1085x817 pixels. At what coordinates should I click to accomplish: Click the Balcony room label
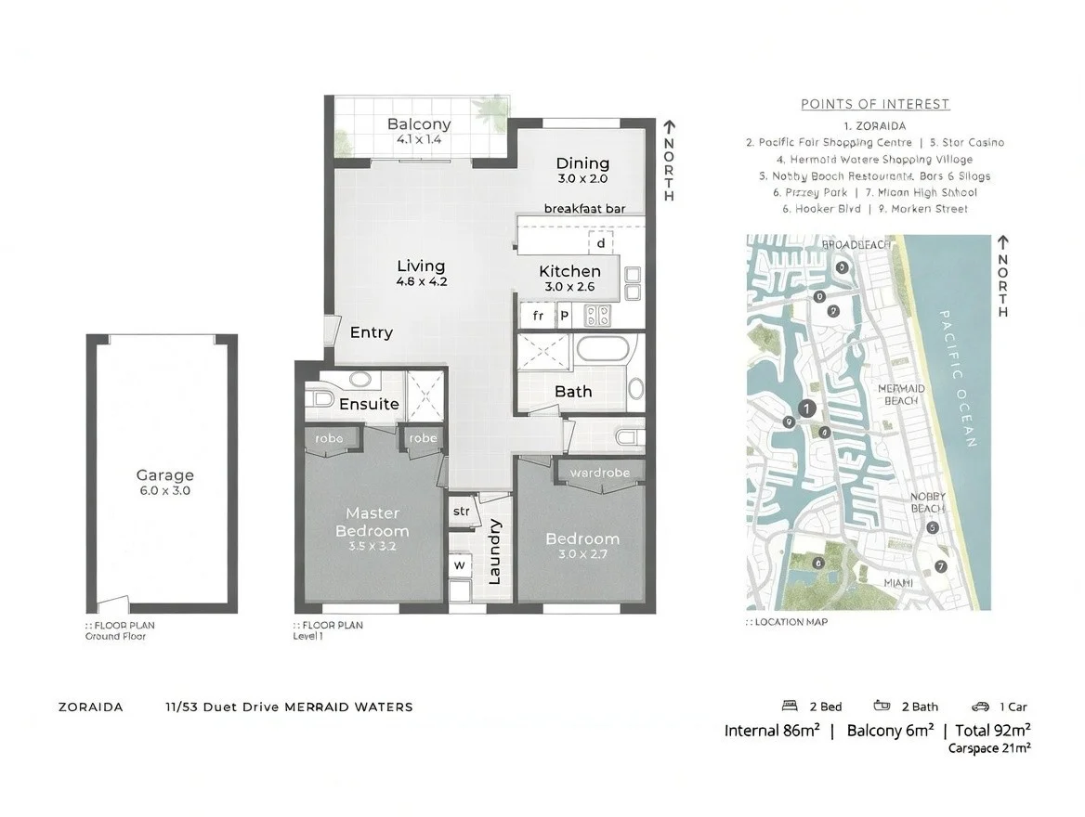[x=418, y=124]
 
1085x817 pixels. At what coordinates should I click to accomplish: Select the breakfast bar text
[x=583, y=209]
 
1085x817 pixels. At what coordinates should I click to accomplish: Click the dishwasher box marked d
[x=601, y=242]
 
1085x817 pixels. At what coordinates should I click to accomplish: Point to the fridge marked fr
[x=537, y=316]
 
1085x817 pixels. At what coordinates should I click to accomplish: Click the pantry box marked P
[x=564, y=316]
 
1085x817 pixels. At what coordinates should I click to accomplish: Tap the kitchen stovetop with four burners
[x=596, y=316]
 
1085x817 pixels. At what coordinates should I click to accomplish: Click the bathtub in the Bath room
[x=602, y=351]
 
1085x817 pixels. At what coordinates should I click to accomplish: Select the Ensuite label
[x=369, y=404]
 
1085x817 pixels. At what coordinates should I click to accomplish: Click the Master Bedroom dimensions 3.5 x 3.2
[x=372, y=547]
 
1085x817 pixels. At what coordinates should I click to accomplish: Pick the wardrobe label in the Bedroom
[x=599, y=473]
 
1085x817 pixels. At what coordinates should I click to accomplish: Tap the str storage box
[x=461, y=512]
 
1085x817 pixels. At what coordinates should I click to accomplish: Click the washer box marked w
[x=459, y=564]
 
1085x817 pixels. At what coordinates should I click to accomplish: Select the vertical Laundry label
[x=494, y=551]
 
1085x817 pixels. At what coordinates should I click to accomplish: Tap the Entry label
[x=371, y=332]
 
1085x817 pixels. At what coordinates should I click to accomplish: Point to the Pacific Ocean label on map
[x=958, y=378]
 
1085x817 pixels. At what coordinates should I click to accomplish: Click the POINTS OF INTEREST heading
[x=875, y=104]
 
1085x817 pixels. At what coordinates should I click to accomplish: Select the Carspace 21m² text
[x=988, y=747]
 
